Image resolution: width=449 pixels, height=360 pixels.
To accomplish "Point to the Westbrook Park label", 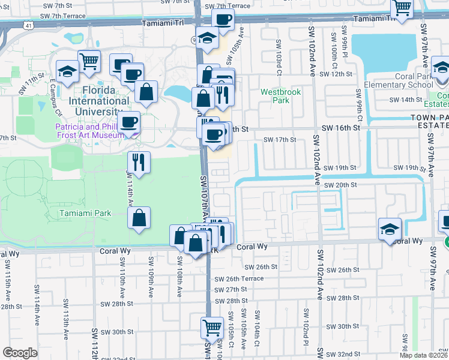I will pyautogui.click(x=275, y=96).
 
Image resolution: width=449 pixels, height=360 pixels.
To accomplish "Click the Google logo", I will pyautogui.click(x=20, y=353).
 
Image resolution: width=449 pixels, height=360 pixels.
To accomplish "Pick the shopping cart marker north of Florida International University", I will pyautogui.click(x=89, y=62).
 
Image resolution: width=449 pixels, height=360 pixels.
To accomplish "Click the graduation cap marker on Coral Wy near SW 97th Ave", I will pyautogui.click(x=390, y=230).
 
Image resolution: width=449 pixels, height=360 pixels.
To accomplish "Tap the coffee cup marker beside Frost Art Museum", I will pyautogui.click(x=128, y=123).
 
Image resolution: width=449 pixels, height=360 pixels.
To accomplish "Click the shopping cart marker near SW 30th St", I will pyautogui.click(x=212, y=328).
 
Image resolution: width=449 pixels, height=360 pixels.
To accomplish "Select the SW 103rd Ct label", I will pyautogui.click(x=279, y=53).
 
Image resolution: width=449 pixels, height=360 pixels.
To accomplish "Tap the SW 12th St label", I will pyautogui.click(x=335, y=74).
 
